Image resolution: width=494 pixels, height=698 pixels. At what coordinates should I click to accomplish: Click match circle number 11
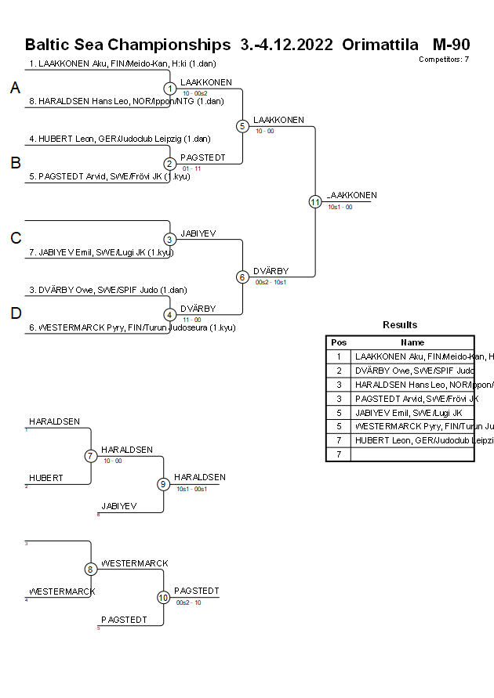(x=315, y=201)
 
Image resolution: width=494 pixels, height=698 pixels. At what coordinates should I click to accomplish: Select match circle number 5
(x=242, y=126)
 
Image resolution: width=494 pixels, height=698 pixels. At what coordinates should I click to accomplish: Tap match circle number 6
(x=242, y=277)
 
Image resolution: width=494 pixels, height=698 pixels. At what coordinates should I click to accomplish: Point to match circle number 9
(x=164, y=484)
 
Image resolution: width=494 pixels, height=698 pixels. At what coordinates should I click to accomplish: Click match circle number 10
(x=164, y=598)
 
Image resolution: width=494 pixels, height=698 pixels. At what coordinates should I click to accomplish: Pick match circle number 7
(x=91, y=456)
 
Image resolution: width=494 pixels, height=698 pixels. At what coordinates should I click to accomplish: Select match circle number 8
(x=91, y=570)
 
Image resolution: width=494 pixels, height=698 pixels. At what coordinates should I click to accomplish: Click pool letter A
(x=15, y=89)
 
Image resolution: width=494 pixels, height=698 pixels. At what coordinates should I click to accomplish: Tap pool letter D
(x=15, y=313)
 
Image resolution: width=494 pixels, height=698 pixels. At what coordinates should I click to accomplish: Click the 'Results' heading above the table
(x=400, y=325)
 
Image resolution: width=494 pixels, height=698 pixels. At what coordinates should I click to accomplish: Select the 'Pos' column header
(x=339, y=342)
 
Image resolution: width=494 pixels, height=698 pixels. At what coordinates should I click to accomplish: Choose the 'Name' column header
(x=412, y=342)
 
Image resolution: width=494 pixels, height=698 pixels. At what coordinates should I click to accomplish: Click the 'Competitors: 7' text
(x=444, y=60)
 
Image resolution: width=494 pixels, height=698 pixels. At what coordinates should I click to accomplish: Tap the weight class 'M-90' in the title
(x=451, y=44)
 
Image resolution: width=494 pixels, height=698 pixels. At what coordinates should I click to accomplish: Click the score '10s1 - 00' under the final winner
(x=340, y=208)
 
